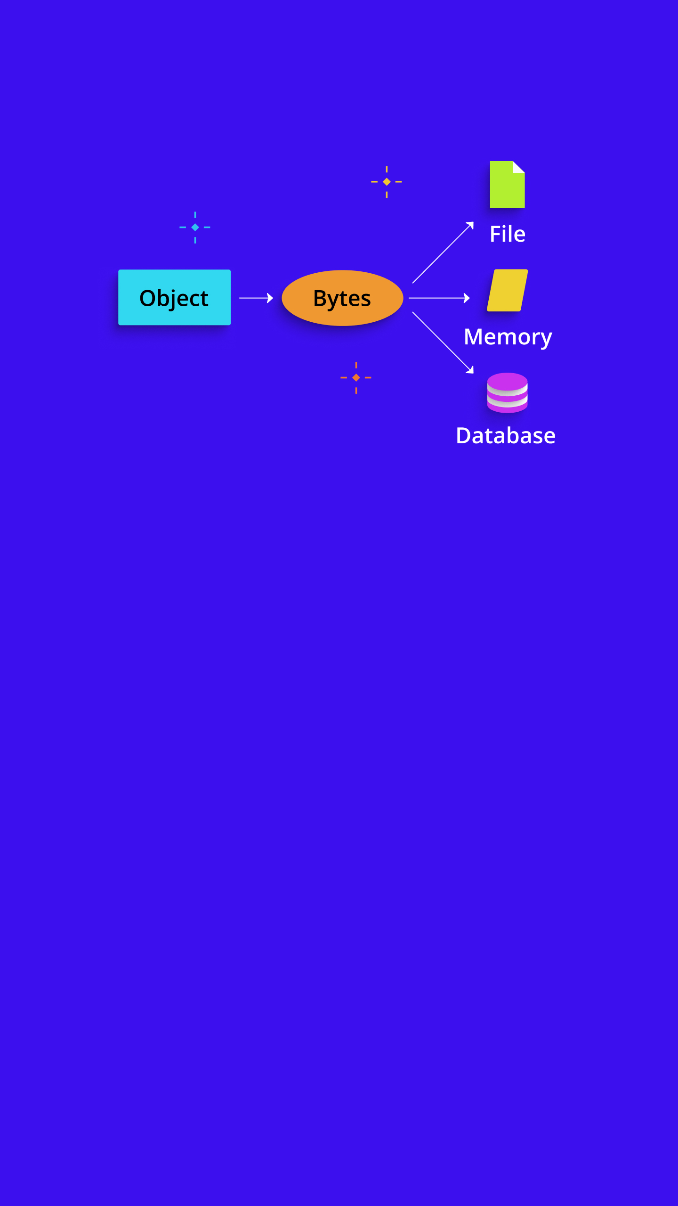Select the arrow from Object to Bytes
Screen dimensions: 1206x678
[256, 298]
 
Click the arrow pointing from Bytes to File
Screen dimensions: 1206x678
[443, 253]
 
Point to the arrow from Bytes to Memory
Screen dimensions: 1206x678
[439, 298]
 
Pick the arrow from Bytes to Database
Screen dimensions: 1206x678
[443, 342]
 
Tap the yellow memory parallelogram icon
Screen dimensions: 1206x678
[507, 290]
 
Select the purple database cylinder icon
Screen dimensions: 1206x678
[507, 392]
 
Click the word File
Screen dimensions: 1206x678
[507, 234]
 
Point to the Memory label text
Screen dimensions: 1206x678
[508, 337]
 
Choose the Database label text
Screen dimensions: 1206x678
[506, 436]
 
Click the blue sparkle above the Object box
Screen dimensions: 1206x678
[195, 227]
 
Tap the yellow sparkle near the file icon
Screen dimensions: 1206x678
[387, 181]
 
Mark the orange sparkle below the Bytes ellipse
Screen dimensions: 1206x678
[356, 377]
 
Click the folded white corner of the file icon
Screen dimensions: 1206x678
[518, 167]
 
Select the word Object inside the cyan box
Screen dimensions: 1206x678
[174, 298]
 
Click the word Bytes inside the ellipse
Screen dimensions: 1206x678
[342, 299]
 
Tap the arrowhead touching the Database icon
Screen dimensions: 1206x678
[470, 370]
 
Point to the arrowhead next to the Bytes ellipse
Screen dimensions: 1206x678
[270, 298]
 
